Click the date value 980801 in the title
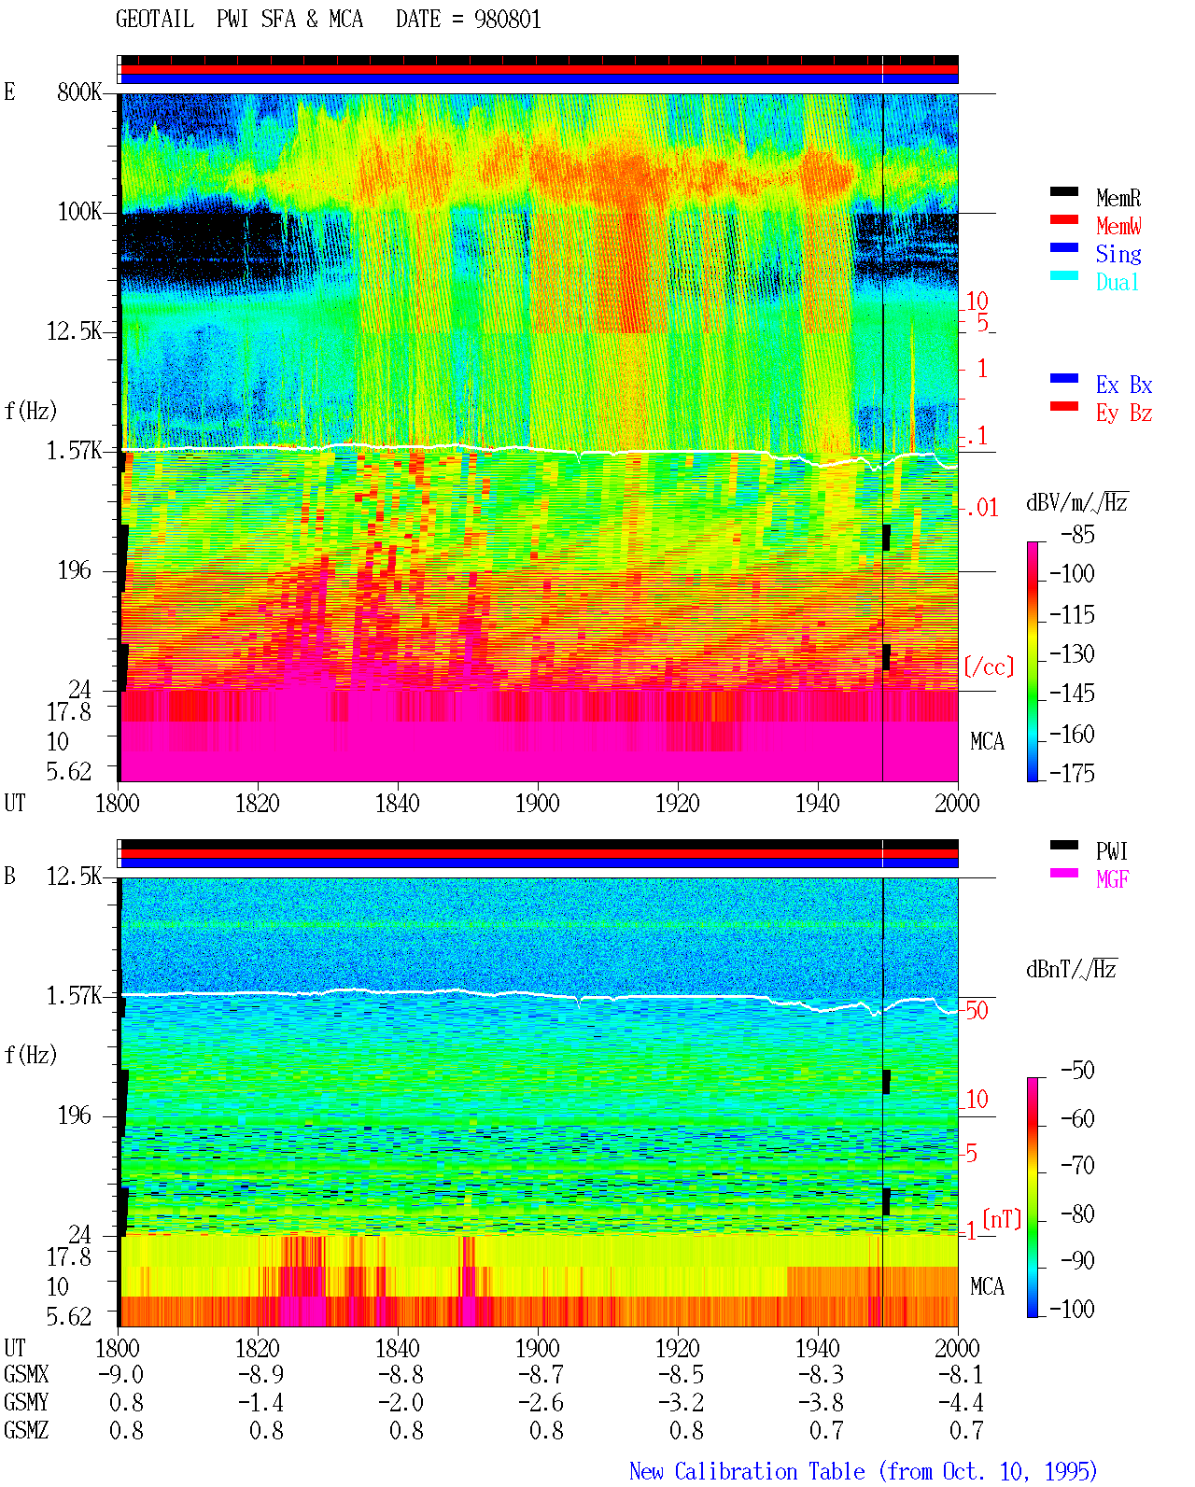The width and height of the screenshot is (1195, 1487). pos(507,19)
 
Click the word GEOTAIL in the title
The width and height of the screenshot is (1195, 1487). pos(155,19)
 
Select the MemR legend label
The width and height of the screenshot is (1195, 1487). pos(1118,198)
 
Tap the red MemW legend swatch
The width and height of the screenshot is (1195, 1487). pos(1063,219)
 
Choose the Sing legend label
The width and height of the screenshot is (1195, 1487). pos(1118,254)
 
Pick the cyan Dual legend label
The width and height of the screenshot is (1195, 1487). pos(1117,282)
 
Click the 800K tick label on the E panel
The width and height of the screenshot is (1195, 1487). pos(79,91)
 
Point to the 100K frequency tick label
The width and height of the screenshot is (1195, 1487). pos(79,212)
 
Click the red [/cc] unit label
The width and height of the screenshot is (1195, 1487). pos(989,666)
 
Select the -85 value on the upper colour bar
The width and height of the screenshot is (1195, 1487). pos(1077,534)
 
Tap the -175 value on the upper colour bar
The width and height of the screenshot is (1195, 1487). pos(1072,773)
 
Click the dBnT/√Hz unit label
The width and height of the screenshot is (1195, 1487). pos(1071,970)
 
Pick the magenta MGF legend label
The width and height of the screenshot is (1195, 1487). pos(1112,879)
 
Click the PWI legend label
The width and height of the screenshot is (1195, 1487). pos(1111,850)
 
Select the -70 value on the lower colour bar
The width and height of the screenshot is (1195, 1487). pos(1077,1165)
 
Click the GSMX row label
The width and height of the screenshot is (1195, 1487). pos(26,1374)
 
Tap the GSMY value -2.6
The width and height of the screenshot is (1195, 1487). pos(541,1402)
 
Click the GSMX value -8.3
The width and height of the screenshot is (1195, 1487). pos(821,1374)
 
